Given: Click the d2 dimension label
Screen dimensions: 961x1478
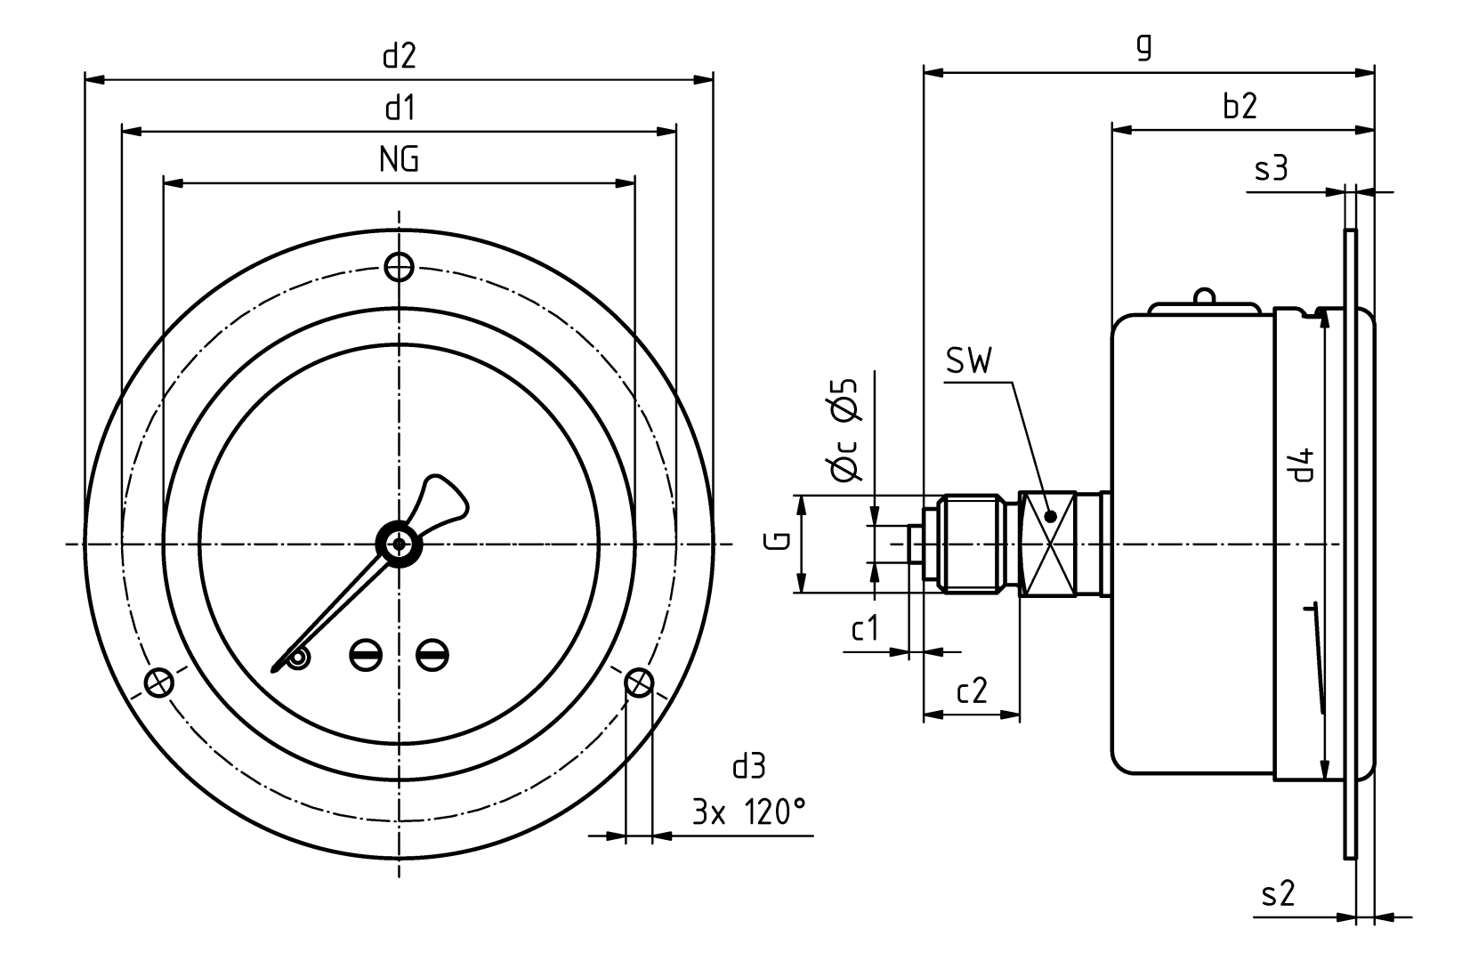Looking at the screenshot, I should coord(400,57).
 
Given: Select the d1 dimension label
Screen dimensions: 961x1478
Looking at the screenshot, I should coord(400,109).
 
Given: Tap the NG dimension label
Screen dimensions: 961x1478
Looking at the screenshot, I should coord(399,160).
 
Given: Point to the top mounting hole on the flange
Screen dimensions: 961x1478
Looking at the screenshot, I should coord(399,265).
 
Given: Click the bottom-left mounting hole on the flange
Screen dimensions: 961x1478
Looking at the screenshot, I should coord(158,683).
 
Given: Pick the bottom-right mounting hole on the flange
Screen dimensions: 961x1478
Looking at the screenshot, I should coord(639,683).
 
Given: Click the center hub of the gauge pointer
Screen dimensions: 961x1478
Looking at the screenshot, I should coord(399,543).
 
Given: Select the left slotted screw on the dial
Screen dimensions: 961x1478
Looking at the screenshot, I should coord(365,656).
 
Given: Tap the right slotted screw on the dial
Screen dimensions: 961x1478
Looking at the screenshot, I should coord(432,656).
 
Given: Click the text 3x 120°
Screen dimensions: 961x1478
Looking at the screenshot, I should coord(749,812).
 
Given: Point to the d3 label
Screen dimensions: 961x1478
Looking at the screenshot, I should coord(748,766).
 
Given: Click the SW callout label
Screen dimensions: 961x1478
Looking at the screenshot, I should coord(969,360).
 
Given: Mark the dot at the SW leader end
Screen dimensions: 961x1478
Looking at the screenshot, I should coord(1050,516).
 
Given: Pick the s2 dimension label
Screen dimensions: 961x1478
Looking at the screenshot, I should coord(1278,893).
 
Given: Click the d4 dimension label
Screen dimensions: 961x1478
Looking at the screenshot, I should coord(1303,464).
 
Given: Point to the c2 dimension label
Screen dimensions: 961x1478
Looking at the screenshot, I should coord(972,690).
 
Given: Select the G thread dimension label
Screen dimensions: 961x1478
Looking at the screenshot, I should coord(776,543).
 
